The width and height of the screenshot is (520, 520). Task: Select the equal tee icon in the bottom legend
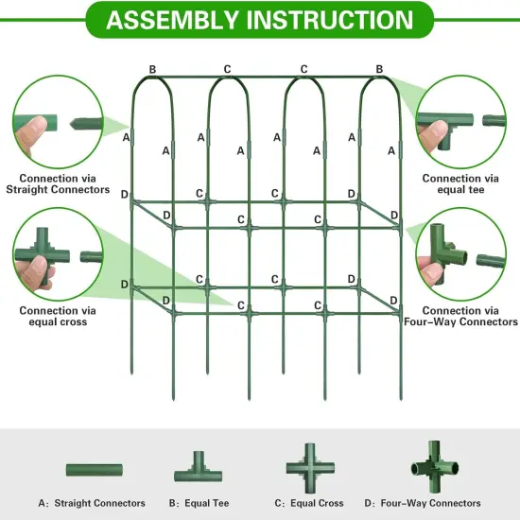pos(199,466)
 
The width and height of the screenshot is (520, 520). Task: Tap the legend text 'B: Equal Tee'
pos(199,503)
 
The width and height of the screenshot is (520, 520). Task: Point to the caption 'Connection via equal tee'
pos(460,183)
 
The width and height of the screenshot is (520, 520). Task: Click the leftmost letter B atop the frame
pos(152,69)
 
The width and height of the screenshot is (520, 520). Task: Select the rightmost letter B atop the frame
pos(379,69)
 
